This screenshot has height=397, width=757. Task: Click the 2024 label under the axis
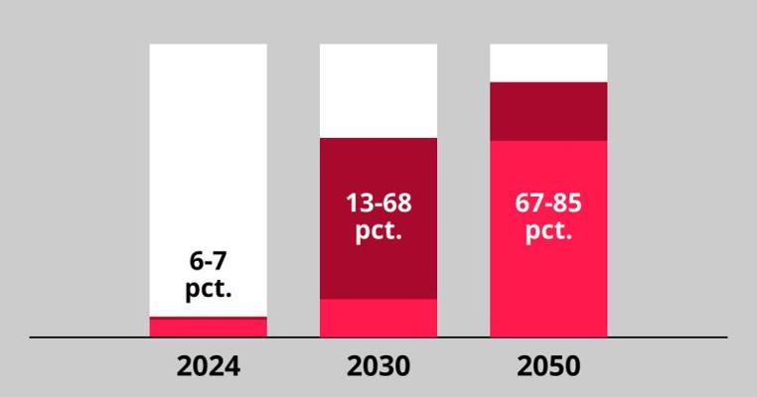pyautogui.click(x=209, y=366)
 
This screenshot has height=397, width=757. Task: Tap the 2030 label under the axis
pyautogui.click(x=378, y=366)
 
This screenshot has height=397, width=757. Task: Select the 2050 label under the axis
pyautogui.click(x=548, y=366)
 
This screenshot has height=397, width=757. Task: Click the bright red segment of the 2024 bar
pyautogui.click(x=209, y=328)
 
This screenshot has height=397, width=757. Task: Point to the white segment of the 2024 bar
pyautogui.click(x=209, y=149)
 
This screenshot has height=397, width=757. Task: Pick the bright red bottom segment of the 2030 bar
pyautogui.click(x=378, y=318)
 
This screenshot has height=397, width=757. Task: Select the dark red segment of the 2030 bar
pyautogui.click(x=378, y=268)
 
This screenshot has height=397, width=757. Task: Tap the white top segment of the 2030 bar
pyautogui.click(x=378, y=90)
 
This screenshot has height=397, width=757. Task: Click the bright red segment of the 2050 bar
pyautogui.click(x=548, y=288)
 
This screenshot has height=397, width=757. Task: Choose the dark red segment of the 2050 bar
pyautogui.click(x=548, y=111)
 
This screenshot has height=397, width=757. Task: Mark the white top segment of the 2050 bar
pyautogui.click(x=548, y=63)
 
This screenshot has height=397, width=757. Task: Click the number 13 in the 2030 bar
pyautogui.click(x=359, y=204)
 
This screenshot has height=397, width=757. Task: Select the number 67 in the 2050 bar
pyautogui.click(x=530, y=204)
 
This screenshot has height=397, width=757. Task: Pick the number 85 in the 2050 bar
pyautogui.click(x=566, y=204)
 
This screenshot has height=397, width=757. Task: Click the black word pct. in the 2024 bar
pyautogui.click(x=209, y=292)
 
